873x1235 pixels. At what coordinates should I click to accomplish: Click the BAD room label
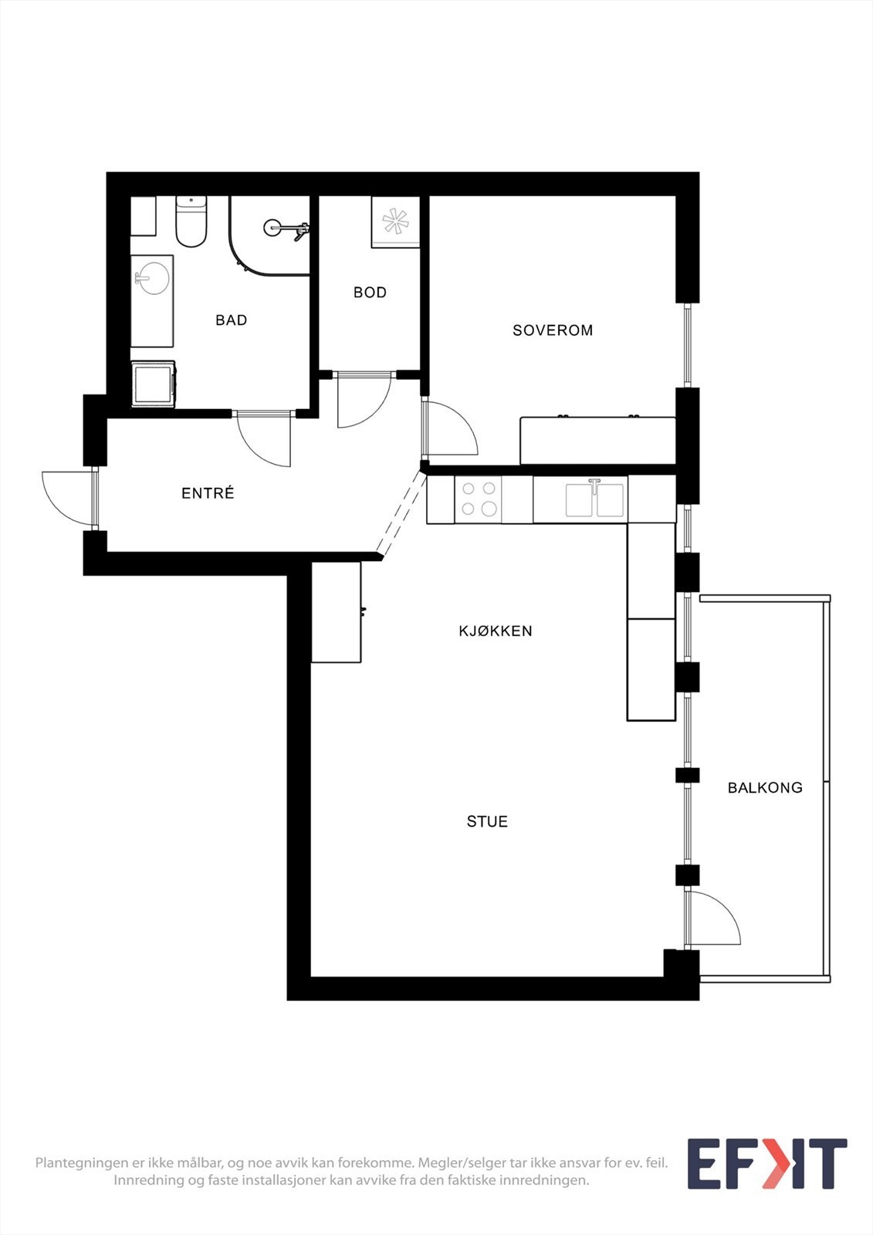(231, 320)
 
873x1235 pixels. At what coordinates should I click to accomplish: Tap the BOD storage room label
(370, 293)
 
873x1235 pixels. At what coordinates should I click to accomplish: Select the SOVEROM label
(553, 330)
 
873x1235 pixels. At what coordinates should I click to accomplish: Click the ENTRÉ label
(208, 493)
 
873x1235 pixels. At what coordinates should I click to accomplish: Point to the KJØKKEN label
(496, 631)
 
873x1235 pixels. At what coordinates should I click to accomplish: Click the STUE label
(487, 822)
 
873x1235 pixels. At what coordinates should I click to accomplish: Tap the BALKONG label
(765, 788)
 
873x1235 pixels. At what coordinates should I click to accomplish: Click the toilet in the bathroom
(191, 222)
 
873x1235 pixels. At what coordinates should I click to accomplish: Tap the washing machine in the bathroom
(153, 384)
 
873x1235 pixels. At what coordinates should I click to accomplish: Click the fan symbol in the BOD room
(395, 222)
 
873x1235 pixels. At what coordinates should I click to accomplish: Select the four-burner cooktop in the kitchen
(479, 499)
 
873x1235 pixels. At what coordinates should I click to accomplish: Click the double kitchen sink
(594, 499)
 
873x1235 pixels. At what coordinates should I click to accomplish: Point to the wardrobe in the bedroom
(597, 441)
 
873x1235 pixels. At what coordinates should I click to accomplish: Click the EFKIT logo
(766, 1163)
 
